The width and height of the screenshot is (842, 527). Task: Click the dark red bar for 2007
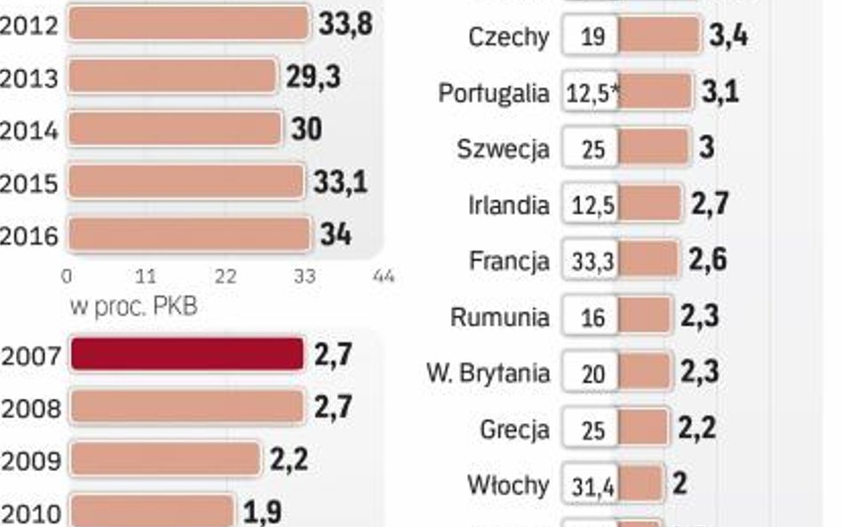coord(187,354)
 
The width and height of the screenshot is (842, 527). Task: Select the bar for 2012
coord(187,24)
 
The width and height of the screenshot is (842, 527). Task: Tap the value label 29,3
coord(313,77)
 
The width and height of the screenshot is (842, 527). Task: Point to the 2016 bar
coord(188,235)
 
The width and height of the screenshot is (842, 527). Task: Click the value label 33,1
coord(340,182)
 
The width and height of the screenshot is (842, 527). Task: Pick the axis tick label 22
coord(226,277)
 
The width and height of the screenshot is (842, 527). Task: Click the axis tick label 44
coord(384,277)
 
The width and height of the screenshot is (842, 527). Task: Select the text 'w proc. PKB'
coord(133,307)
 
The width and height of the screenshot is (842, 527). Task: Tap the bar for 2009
coord(165,459)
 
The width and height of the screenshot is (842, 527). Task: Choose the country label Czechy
coord(508,37)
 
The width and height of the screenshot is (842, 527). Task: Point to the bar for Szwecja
coord(654,148)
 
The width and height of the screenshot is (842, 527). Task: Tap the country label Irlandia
coord(508,205)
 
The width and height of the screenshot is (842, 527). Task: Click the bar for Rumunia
coord(644,316)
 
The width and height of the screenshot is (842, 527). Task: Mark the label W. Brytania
coord(488,372)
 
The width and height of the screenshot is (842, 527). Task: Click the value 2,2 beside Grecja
coord(696,428)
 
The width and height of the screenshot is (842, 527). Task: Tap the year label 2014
coord(28,131)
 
